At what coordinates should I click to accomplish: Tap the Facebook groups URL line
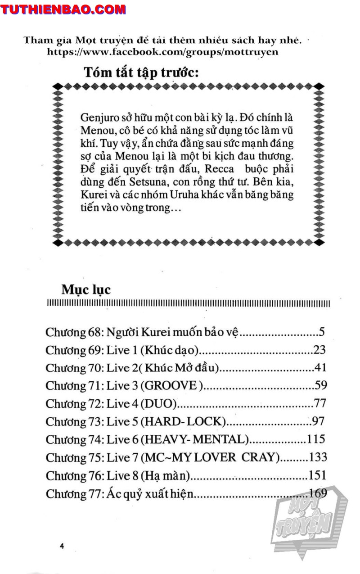[x=162, y=52]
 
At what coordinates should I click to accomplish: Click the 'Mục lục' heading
[x=85, y=289]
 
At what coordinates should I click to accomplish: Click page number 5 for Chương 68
[x=322, y=333]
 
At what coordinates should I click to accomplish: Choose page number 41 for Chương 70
[x=320, y=368]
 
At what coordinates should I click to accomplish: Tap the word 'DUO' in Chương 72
[x=158, y=403]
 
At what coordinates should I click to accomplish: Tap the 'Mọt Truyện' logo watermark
[x=310, y=518]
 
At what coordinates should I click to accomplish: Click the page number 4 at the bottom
[x=63, y=546]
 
